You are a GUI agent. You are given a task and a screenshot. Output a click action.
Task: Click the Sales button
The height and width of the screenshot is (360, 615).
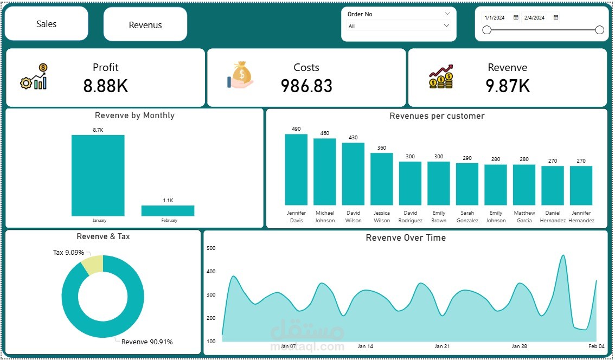pos(46,24)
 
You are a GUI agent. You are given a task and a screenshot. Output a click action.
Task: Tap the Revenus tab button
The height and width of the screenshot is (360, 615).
pos(145,25)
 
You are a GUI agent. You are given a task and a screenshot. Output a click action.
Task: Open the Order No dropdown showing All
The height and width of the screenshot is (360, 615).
pos(399,26)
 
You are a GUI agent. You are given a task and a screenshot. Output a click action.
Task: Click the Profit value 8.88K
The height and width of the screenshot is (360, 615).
pos(105,86)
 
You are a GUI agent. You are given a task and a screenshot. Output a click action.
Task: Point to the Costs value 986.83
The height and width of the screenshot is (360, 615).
pos(306,86)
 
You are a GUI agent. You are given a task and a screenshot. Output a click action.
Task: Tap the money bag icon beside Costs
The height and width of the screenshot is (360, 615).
pos(240,75)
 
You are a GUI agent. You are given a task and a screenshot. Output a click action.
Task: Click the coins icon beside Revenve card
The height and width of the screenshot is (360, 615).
pos(440,77)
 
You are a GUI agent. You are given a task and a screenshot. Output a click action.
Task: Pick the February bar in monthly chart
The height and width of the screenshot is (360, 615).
pos(168,210)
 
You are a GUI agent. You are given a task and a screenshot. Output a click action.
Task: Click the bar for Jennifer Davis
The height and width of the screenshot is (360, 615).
pos(296,169)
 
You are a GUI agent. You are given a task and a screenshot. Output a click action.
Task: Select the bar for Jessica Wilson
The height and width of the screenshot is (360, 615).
pos(381,178)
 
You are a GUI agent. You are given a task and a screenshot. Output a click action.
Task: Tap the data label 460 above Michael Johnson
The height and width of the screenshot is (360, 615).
pos(324,133)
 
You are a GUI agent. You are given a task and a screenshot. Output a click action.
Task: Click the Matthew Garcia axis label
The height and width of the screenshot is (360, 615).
pos(524,216)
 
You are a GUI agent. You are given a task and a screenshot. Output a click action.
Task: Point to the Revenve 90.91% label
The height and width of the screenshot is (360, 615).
pos(146,342)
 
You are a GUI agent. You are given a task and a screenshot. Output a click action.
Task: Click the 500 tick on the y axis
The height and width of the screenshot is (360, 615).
pos(211,248)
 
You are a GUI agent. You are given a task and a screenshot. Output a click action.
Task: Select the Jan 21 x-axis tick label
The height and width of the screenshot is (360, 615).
pos(442,346)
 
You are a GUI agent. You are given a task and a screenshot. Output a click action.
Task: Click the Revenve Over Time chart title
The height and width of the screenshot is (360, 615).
pos(405,237)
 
